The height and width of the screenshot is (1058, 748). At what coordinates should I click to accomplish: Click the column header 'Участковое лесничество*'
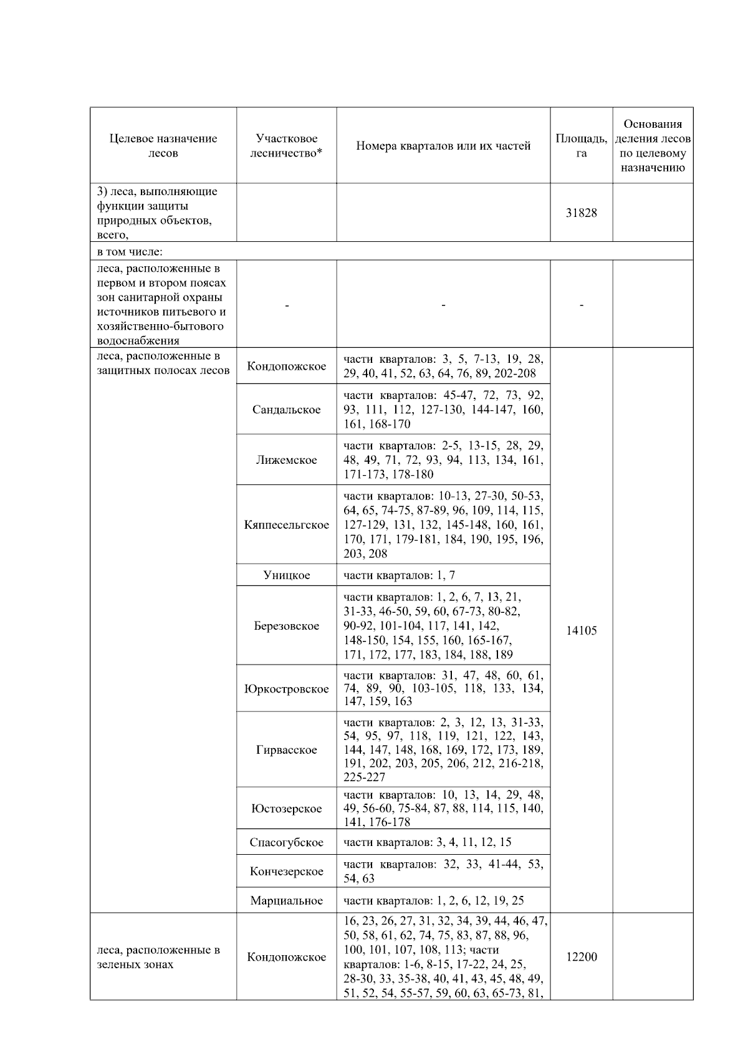click(x=286, y=146)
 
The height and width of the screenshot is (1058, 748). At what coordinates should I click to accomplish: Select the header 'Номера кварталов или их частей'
click(x=443, y=146)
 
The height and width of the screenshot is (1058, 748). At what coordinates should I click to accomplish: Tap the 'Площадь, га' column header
click(x=581, y=146)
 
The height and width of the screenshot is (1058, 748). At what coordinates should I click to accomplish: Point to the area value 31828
click(x=581, y=213)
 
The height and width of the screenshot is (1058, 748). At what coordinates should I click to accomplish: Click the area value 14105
click(x=581, y=630)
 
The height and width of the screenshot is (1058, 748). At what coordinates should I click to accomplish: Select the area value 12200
click(x=581, y=957)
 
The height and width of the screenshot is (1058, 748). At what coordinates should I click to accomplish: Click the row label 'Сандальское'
click(x=286, y=410)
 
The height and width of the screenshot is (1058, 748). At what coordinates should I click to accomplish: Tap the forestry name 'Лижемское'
click(x=286, y=460)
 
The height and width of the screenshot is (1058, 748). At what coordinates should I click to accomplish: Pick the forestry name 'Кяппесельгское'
click(x=286, y=525)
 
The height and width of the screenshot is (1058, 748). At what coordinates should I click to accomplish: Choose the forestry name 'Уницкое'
click(x=286, y=575)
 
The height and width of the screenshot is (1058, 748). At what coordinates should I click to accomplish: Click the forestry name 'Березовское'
click(x=286, y=626)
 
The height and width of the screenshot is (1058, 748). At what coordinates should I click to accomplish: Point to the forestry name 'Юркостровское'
click(x=286, y=689)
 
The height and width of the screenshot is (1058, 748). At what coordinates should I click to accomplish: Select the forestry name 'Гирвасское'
click(x=286, y=750)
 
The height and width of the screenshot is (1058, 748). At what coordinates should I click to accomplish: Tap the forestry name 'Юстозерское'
click(x=286, y=809)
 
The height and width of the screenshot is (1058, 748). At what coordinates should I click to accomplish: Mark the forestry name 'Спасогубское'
click(x=286, y=843)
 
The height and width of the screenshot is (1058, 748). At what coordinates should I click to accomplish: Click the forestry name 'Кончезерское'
click(x=286, y=872)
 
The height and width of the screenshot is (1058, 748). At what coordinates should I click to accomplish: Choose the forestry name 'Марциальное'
click(x=286, y=901)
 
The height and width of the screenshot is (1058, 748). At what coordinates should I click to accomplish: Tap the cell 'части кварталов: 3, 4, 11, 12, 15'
click(x=427, y=843)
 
